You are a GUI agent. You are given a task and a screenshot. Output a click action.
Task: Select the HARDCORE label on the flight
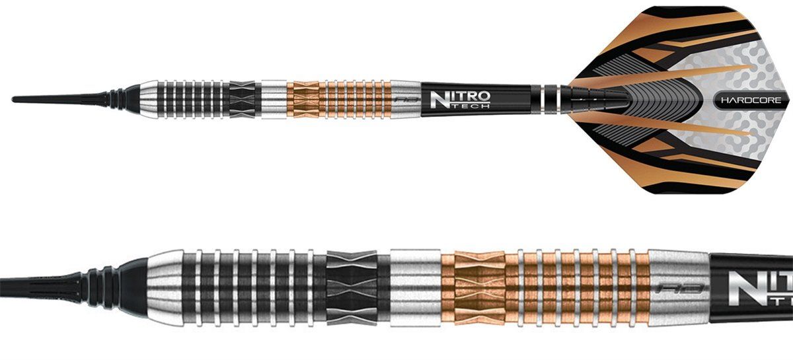750,101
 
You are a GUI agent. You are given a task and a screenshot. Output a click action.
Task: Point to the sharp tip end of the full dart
15,99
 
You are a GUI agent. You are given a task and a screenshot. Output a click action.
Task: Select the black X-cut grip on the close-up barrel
352,287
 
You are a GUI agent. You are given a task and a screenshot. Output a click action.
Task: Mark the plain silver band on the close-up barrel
415,287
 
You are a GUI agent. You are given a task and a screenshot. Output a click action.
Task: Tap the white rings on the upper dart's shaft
545,99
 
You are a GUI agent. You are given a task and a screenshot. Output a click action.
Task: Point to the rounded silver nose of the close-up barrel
162,287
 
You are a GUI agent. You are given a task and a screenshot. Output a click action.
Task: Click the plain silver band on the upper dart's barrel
273,99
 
